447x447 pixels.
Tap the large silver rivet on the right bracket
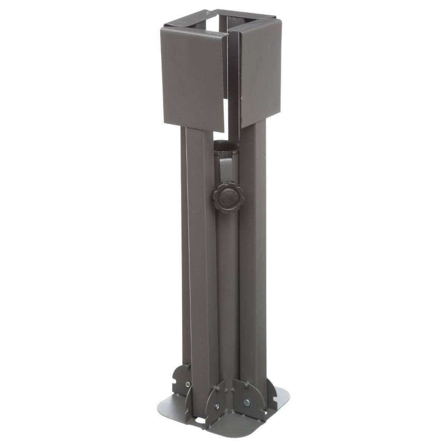pos(247,402)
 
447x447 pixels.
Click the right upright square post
pos(253,261)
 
